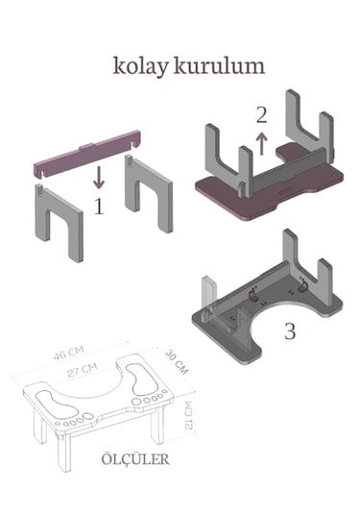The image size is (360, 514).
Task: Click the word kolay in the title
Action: coord(140,67)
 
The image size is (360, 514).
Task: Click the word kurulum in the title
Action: coord(219,65)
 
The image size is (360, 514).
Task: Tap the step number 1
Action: coord(99,207)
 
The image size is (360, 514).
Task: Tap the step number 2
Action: coord(261,115)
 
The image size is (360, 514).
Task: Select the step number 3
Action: coord(290,331)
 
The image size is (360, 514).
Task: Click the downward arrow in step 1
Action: coord(99,177)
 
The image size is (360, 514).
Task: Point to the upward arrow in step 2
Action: coord(261,143)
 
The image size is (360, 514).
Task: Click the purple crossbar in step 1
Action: coord(86,154)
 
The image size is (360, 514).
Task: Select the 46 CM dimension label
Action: coord(68,353)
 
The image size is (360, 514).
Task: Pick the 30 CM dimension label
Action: coord(177,362)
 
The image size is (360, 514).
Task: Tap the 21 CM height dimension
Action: coord(189,415)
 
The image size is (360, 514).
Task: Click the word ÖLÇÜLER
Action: coord(135,459)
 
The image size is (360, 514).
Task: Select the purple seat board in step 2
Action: coord(269,184)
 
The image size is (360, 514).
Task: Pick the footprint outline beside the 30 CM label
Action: coord(137,380)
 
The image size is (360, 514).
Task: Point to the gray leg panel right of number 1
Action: coord(149,193)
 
